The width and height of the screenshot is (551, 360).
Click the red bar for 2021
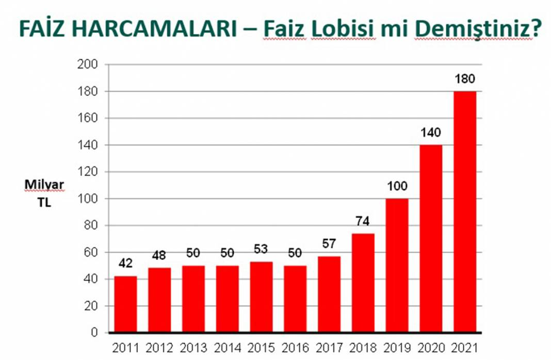point(464,211)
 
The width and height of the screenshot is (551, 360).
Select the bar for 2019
point(397,265)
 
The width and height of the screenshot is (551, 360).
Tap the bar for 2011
point(125,304)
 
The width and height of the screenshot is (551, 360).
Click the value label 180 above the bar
point(464,80)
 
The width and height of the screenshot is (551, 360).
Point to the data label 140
point(430,133)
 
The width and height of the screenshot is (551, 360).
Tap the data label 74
point(363,222)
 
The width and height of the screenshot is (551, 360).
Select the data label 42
point(125,264)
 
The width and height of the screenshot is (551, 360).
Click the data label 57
point(329,244)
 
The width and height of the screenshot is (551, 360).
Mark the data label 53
point(261,250)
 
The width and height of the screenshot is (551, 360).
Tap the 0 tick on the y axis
point(94,333)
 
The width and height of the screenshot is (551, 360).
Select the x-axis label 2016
point(295,348)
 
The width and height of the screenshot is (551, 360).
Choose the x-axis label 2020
point(430,348)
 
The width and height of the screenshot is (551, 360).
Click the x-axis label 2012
point(159,348)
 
